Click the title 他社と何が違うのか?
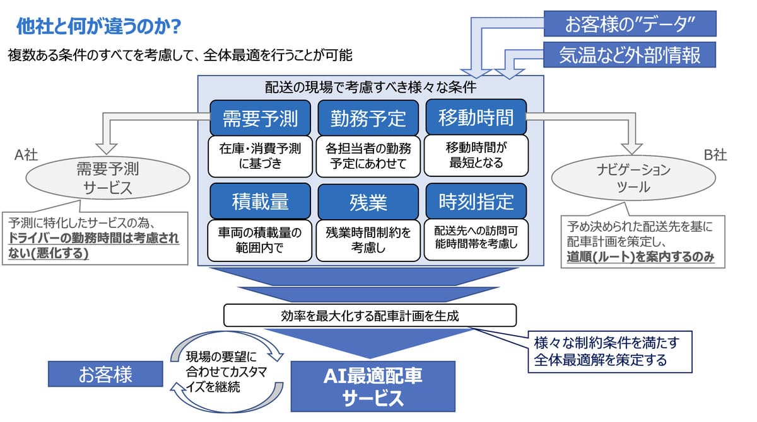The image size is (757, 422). click(98, 26)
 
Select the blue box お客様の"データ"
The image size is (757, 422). click(630, 23)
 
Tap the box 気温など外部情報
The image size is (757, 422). click(630, 55)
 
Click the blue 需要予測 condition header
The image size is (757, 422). click(260, 118)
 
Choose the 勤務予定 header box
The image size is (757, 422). click(368, 118)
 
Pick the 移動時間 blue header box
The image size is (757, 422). click(476, 117)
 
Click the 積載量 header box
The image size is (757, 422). click(260, 202)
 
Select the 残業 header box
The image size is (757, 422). click(368, 202)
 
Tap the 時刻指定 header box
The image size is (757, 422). click(476, 201)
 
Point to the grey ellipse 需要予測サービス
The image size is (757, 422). click(108, 178)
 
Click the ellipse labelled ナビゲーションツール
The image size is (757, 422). click(633, 178)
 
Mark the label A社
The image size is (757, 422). click(26, 155)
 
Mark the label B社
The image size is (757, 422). click(715, 155)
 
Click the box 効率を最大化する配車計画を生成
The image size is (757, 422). click(370, 316)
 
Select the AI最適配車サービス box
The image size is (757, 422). click(373, 386)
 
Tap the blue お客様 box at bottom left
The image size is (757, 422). click(105, 374)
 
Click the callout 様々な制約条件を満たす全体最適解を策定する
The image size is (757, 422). click(610, 352)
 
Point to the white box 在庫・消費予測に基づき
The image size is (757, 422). click(260, 156)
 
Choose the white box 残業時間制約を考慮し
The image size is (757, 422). click(368, 240)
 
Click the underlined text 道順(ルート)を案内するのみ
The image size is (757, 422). click(640, 257)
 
